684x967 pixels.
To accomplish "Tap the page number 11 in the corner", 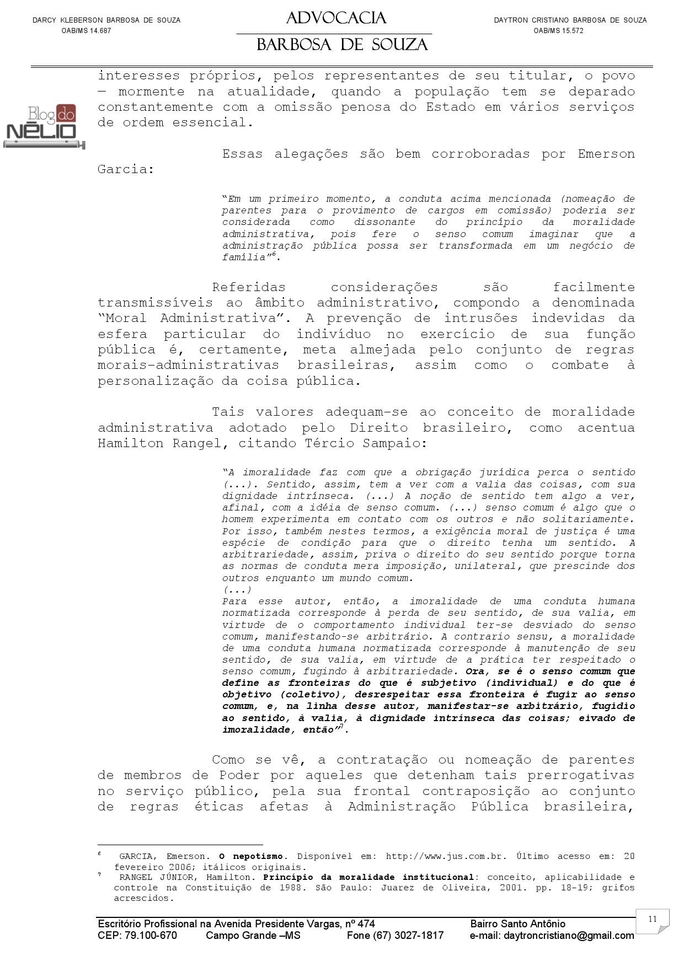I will (653, 918).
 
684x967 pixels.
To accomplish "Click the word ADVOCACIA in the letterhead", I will (336, 19).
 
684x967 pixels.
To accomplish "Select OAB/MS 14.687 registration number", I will (87, 31).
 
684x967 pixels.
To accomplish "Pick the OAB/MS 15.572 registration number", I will (558, 31).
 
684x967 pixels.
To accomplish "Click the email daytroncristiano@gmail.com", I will (552, 935).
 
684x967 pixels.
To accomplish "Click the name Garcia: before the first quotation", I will (126, 169).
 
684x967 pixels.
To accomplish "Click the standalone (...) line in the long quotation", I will (237, 590).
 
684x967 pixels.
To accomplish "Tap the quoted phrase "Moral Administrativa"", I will (193, 318).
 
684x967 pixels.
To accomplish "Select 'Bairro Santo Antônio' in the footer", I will (517, 923).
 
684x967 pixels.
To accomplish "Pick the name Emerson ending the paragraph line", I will (606, 154).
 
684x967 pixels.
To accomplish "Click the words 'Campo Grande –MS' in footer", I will (253, 935).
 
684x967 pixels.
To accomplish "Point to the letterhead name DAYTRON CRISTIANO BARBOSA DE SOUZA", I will (570, 20).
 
